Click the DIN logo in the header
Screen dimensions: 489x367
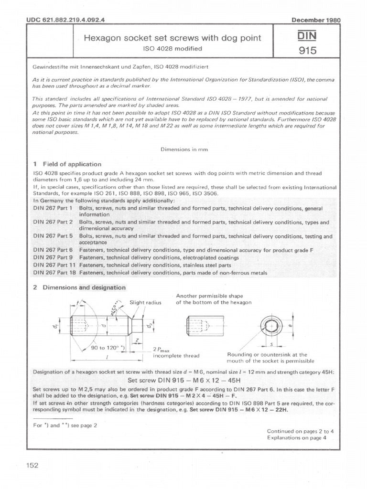308,36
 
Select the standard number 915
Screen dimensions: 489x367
308,50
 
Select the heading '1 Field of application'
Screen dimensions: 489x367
67,164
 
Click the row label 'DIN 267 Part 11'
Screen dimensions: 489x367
54,265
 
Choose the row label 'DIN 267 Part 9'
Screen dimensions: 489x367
53,257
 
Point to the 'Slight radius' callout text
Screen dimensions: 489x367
146,302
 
